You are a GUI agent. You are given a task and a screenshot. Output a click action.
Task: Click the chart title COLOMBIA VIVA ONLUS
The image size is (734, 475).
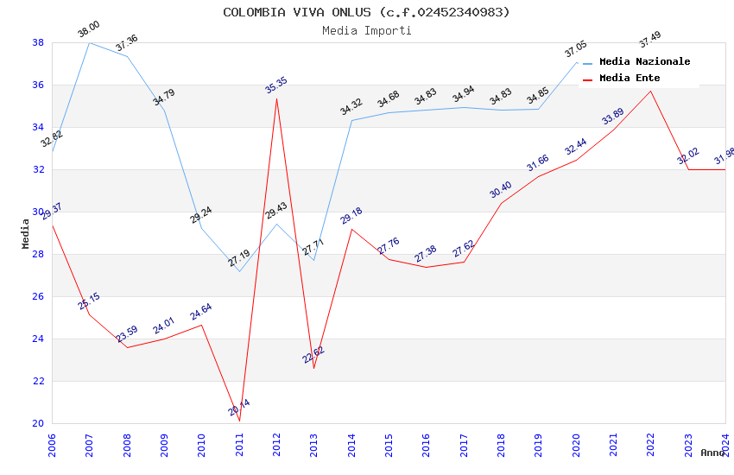tap(366, 12)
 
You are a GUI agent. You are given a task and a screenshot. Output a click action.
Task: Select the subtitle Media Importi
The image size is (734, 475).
tap(366, 30)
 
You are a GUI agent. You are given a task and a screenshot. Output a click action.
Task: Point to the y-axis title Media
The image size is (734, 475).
tap(26, 233)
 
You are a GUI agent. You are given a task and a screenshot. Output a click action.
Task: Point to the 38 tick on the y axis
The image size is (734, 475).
tap(38, 42)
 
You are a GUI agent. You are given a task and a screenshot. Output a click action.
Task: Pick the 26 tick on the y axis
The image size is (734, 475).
tap(38, 296)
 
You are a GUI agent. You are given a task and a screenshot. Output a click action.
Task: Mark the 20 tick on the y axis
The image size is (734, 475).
tap(38, 423)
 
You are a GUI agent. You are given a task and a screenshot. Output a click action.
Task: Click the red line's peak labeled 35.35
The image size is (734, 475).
tap(276, 98)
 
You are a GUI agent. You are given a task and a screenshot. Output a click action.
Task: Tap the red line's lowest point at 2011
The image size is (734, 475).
tap(239, 421)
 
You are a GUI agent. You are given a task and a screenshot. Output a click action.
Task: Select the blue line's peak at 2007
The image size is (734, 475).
tap(89, 42)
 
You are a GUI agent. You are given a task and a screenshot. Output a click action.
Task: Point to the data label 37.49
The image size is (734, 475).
tap(649, 40)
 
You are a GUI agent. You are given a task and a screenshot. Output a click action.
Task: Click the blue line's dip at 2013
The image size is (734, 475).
tap(313, 260)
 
